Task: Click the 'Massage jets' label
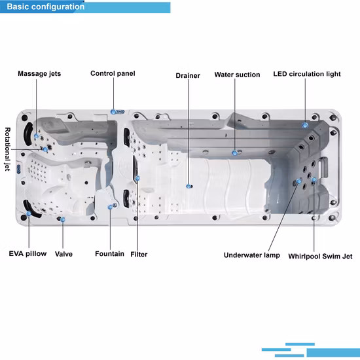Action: coord(39,74)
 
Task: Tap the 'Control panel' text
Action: coord(113,73)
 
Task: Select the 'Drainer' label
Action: coord(188,75)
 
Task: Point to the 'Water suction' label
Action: coord(237,75)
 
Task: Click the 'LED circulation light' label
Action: coord(307,74)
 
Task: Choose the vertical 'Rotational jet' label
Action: coord(8,149)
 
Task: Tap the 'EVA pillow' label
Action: coord(27,254)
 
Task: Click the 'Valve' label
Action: coord(63,254)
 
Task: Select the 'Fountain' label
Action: coord(109,254)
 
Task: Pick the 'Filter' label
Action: coord(139,254)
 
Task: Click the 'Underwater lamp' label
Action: coord(252,255)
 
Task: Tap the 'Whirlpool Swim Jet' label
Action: coord(320,256)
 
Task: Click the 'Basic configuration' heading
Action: coord(46,7)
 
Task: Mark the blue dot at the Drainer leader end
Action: coord(189,187)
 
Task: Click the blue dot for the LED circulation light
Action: coord(305,126)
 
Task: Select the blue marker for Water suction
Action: coord(234,153)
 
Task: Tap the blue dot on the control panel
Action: coord(113,112)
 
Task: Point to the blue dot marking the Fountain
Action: coord(110,207)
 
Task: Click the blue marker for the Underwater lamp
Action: coord(298,181)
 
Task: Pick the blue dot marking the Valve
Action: coord(63,220)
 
